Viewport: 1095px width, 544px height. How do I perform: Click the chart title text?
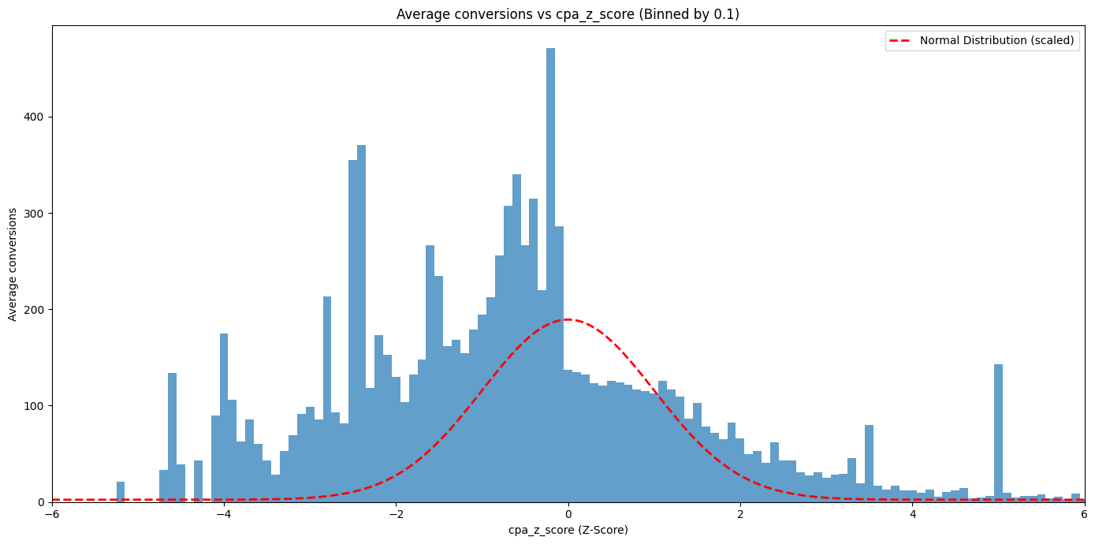click(x=568, y=14)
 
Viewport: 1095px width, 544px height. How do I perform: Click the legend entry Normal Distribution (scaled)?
click(x=996, y=40)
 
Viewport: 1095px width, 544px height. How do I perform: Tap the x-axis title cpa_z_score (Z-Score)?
click(x=568, y=530)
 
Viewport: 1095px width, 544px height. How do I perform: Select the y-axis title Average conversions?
click(x=13, y=264)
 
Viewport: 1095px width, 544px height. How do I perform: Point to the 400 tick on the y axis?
click(x=36, y=117)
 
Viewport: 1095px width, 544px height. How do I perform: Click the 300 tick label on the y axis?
click(x=36, y=213)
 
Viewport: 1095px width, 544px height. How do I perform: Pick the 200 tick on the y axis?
click(x=36, y=309)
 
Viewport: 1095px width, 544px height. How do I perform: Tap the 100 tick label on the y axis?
click(x=36, y=405)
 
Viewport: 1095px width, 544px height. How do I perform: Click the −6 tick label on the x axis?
click(x=52, y=514)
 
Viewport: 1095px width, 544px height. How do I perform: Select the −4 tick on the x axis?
click(x=224, y=514)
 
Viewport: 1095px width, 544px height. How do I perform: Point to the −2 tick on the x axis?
click(x=396, y=514)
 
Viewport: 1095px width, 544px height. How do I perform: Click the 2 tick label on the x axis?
click(x=740, y=514)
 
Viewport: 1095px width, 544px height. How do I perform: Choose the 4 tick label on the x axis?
click(x=912, y=514)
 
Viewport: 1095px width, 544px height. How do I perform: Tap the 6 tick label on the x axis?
click(x=1084, y=514)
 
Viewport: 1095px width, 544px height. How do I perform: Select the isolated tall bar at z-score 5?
click(x=998, y=434)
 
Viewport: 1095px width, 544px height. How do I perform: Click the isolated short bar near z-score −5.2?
click(x=121, y=492)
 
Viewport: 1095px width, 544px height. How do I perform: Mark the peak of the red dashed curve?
click(x=568, y=319)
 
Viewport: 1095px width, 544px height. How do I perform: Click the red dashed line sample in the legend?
click(x=901, y=40)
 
